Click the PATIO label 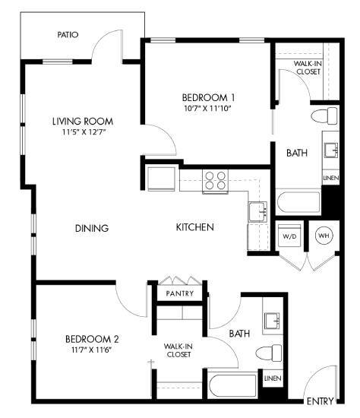(68, 34)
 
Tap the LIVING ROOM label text (83, 121)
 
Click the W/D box (289, 235)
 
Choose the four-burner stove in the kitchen (215, 180)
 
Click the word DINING (92, 228)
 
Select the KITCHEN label (194, 227)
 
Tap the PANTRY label (178, 293)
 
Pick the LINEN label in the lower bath (272, 378)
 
